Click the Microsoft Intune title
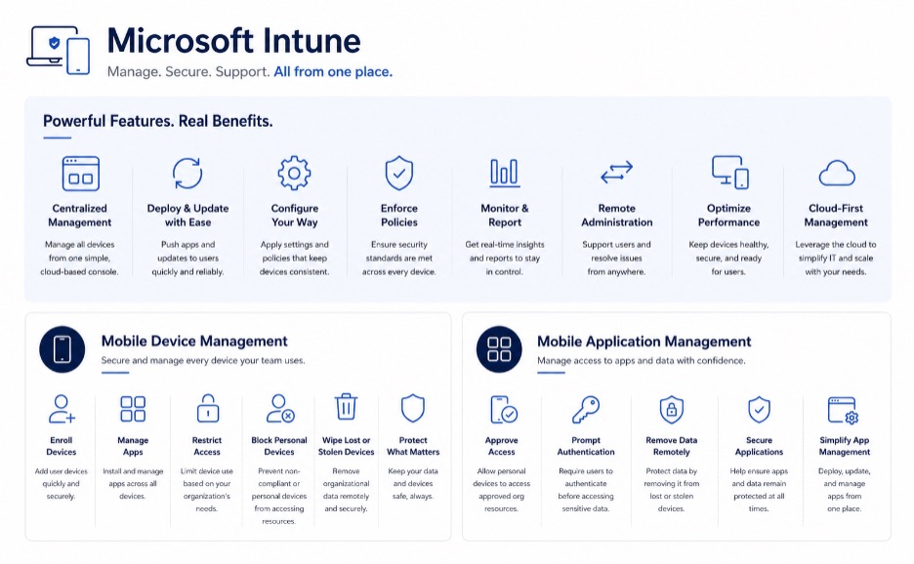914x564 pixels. pos(233,41)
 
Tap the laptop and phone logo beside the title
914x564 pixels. pos(59,50)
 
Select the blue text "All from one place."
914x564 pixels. pos(333,71)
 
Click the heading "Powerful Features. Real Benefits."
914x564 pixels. pos(158,121)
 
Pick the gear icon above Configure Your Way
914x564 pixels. pos(294,173)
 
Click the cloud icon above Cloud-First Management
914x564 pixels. pos(837,173)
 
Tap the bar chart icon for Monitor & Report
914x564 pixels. pos(504,173)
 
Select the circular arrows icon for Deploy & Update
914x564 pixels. pos(187,173)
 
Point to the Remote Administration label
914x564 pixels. pos(617,215)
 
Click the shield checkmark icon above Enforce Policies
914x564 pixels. pos(399,173)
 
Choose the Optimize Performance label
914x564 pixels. pos(728,215)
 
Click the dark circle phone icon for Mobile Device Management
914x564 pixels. pos(62,349)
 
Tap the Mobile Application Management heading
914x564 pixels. pos(644,342)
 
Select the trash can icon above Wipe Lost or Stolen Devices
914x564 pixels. pos(346,407)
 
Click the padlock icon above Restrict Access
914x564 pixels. pos(208,407)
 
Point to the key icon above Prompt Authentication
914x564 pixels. pos(585,410)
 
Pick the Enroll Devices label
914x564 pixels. pos(62,446)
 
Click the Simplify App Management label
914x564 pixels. pos(844,446)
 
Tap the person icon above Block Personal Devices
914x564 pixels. pos(280,408)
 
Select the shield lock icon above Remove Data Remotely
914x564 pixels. pos(672,409)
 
